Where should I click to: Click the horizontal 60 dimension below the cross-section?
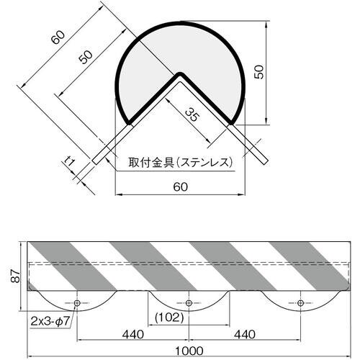180,186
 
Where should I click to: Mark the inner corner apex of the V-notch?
180,73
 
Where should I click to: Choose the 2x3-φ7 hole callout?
51,317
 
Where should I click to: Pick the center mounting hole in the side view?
188,302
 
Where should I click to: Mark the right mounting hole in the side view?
298,302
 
